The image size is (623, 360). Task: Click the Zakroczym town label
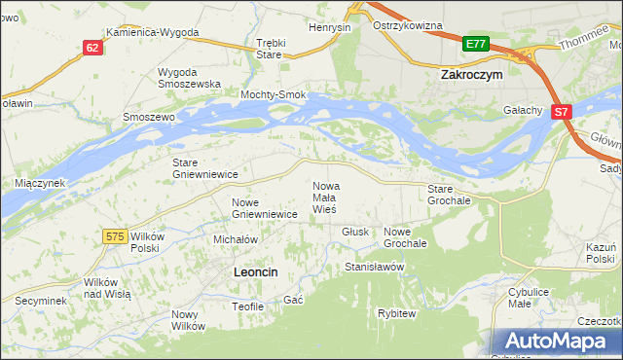[x=471, y=73]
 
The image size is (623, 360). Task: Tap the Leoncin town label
[x=256, y=273]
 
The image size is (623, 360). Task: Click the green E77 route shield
[x=475, y=44]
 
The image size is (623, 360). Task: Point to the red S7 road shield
[x=561, y=113]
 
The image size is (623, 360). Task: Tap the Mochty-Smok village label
[x=275, y=94]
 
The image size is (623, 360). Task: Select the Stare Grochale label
[x=449, y=194]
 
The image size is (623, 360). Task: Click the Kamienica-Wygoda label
[x=153, y=32]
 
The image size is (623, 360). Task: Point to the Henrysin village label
[x=329, y=27]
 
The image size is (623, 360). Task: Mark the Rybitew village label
[x=397, y=313]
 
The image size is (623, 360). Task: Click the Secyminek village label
[x=40, y=301]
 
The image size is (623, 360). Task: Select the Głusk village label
[x=355, y=232]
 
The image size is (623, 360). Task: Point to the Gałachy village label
[x=522, y=111]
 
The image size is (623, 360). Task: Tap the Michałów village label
[x=235, y=238]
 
